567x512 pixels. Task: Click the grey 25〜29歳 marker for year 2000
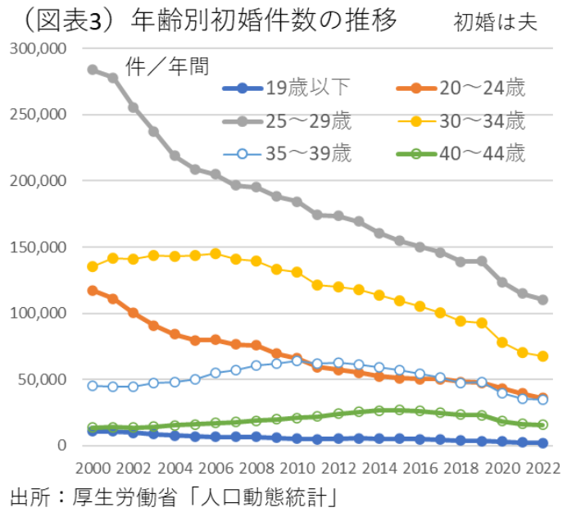tap(93, 70)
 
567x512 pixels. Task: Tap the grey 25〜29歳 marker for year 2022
tap(542, 300)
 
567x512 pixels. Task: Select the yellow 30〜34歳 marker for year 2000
tap(93, 266)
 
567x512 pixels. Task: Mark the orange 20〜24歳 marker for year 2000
tap(93, 290)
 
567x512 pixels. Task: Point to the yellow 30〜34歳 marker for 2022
tap(542, 356)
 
